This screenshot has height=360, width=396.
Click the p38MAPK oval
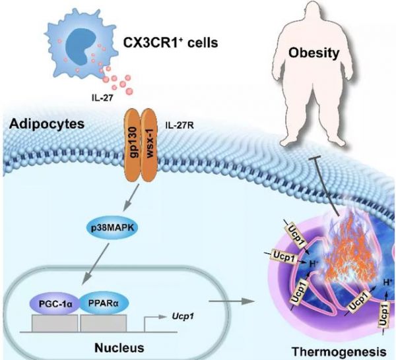click(112, 228)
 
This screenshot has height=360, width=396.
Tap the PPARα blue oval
click(104, 303)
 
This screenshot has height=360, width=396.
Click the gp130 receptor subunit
click(133, 145)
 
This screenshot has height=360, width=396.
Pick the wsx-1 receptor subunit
click(149, 145)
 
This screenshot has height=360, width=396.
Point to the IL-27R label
click(180, 125)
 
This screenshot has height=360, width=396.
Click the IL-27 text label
click(102, 98)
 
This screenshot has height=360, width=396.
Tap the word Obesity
click(314, 53)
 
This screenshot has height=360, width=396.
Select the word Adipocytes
click(47, 124)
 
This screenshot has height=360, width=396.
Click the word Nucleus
click(119, 348)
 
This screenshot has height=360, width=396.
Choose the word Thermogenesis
click(339, 351)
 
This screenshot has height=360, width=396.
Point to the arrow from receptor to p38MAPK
click(131, 197)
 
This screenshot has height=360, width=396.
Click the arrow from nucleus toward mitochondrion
click(232, 301)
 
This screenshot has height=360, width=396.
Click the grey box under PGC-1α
click(55, 323)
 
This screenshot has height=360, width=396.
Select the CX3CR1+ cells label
click(170, 42)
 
